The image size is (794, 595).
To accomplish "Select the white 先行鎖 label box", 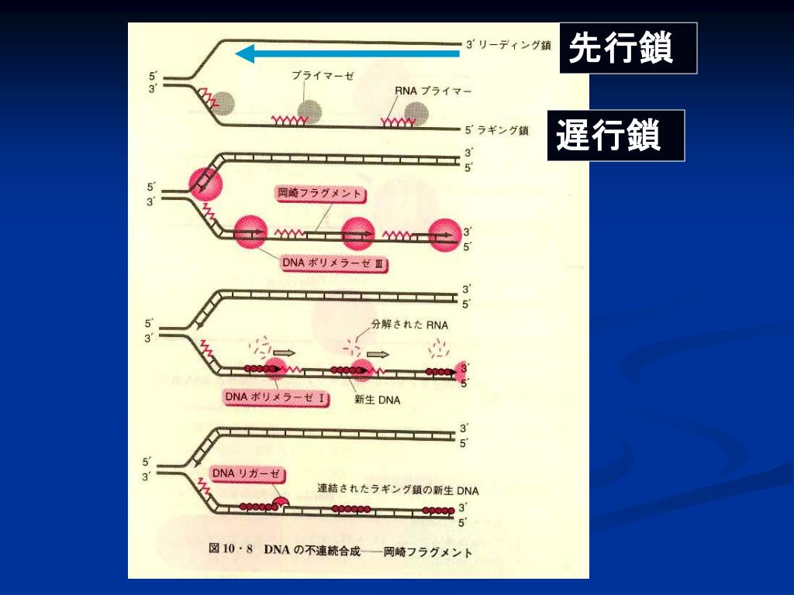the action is click(x=628, y=49).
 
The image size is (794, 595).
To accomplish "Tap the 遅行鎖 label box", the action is click(x=616, y=136).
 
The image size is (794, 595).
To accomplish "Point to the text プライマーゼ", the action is click(x=323, y=75).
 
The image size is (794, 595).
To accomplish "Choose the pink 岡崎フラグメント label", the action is click(x=320, y=194).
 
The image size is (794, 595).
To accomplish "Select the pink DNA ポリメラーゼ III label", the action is click(x=334, y=264).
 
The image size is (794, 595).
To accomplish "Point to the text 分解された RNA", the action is click(x=410, y=325).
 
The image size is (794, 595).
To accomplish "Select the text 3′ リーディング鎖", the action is click(x=508, y=45).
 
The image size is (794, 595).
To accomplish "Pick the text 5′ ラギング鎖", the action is click(x=496, y=131).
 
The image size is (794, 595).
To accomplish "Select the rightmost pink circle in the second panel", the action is click(x=445, y=236).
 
